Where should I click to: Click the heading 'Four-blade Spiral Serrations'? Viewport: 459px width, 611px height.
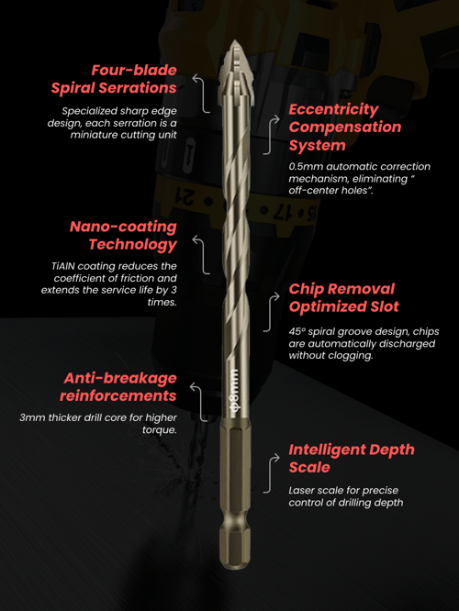click(114, 79)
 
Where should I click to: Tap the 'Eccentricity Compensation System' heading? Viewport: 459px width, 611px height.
click(345, 127)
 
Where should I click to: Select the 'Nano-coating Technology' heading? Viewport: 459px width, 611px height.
click(123, 236)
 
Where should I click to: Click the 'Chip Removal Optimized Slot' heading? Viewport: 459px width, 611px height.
click(344, 298)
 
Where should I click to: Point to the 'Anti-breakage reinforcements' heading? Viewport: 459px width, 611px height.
click(118, 387)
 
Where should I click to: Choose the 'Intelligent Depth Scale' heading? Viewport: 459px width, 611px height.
click(352, 459)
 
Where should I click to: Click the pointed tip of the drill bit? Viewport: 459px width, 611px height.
click(234, 41)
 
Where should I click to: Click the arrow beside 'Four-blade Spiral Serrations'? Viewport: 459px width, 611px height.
click(202, 94)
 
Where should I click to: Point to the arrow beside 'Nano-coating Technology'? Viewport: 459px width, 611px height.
click(202, 254)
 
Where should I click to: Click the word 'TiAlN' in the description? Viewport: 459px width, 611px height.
click(62, 266)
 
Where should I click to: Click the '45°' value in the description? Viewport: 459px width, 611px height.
click(297, 331)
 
